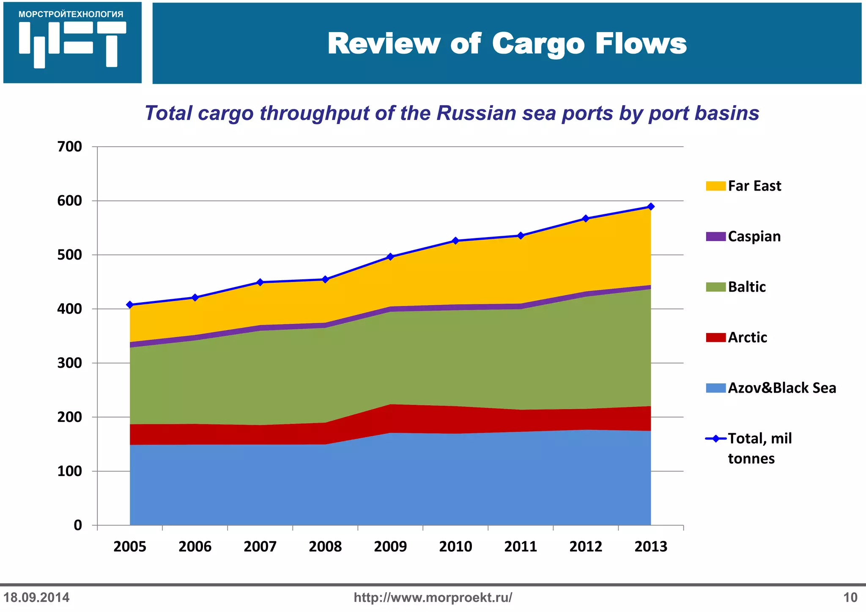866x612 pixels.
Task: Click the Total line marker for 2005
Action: pyautogui.click(x=130, y=305)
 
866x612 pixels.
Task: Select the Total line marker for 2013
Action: pyautogui.click(x=651, y=207)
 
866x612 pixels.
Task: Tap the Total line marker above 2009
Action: pyautogui.click(x=390, y=257)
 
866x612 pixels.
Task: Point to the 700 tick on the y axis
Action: pyautogui.click(x=70, y=147)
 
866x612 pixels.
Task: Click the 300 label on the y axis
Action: pyautogui.click(x=70, y=363)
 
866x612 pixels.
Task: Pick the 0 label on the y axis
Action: pyautogui.click(x=78, y=525)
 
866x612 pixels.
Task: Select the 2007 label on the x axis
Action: pyautogui.click(x=260, y=546)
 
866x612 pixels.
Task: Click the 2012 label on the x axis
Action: pyautogui.click(x=586, y=546)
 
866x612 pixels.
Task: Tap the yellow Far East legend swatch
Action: pyautogui.click(x=715, y=186)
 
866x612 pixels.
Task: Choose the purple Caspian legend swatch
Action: pyautogui.click(x=715, y=237)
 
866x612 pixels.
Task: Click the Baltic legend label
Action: pyautogui.click(x=747, y=287)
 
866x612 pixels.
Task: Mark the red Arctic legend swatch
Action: pyautogui.click(x=715, y=338)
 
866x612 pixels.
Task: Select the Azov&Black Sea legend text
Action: pyautogui.click(x=782, y=388)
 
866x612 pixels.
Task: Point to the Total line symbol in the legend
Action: pyautogui.click(x=715, y=439)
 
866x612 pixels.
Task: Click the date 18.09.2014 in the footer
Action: pyautogui.click(x=36, y=598)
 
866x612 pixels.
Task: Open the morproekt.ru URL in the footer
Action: pyautogui.click(x=433, y=598)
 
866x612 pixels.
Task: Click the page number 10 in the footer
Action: pyautogui.click(x=850, y=598)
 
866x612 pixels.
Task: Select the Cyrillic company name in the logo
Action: pyautogui.click(x=71, y=14)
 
